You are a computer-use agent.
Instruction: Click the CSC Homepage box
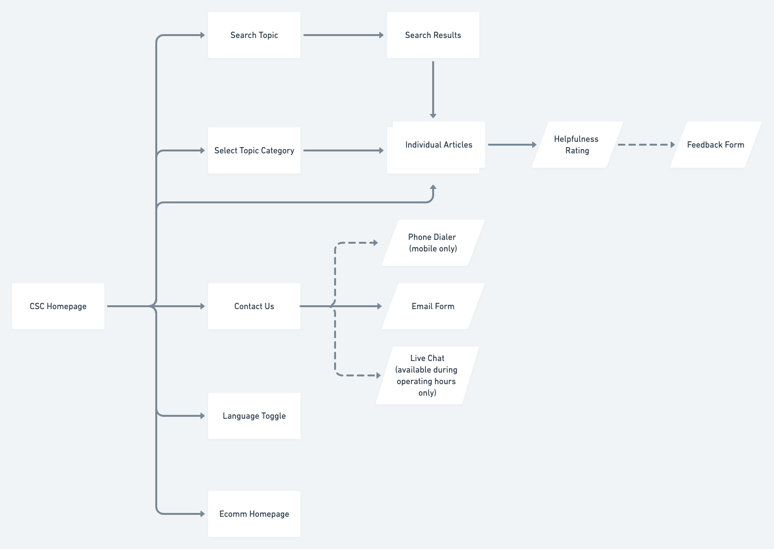[x=58, y=306]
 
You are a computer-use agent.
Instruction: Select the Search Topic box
[x=254, y=35]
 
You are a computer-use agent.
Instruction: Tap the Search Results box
[x=433, y=35]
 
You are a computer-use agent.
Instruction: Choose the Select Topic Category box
[x=254, y=150]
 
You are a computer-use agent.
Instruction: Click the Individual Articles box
[x=439, y=144]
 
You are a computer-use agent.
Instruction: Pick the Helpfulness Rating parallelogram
[x=577, y=144]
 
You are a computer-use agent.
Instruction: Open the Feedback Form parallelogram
[x=716, y=144]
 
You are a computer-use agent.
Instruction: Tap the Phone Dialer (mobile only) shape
[x=433, y=243]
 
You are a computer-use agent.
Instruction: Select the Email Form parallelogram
[x=433, y=306]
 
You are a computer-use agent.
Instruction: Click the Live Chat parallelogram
[x=427, y=375]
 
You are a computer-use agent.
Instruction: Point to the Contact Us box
[x=254, y=306]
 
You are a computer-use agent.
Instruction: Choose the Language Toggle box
[x=254, y=416]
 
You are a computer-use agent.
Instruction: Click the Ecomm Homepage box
[x=254, y=514]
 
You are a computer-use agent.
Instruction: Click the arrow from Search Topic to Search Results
[x=343, y=35]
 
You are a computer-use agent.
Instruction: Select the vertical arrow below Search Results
[x=433, y=90]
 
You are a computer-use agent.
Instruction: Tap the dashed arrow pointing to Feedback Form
[x=646, y=144]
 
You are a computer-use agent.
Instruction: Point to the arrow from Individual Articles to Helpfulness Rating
[x=512, y=144]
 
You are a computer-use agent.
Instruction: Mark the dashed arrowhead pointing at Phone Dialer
[x=376, y=243]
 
